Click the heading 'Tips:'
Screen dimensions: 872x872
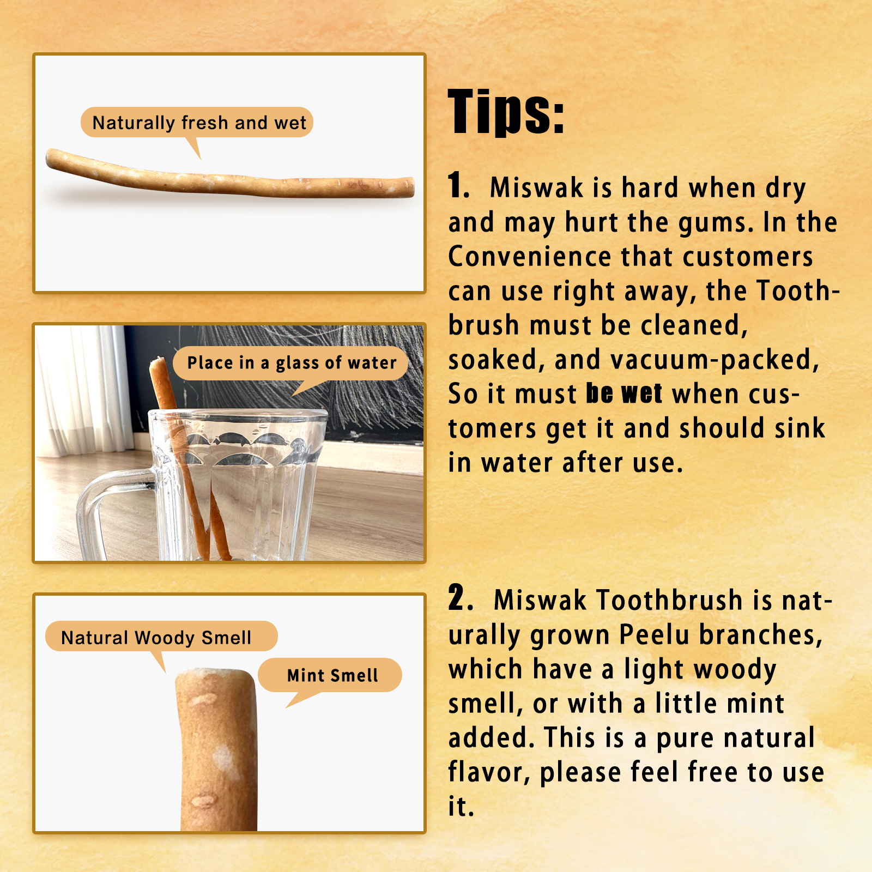point(506,112)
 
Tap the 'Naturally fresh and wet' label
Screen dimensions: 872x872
point(199,123)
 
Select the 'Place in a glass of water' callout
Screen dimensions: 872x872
point(292,363)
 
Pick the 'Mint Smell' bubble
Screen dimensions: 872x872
point(332,675)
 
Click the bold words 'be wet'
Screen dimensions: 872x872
point(624,393)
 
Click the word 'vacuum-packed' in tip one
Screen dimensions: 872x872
point(714,360)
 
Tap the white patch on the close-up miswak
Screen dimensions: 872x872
point(224,758)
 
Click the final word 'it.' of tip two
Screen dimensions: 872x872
point(461,807)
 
